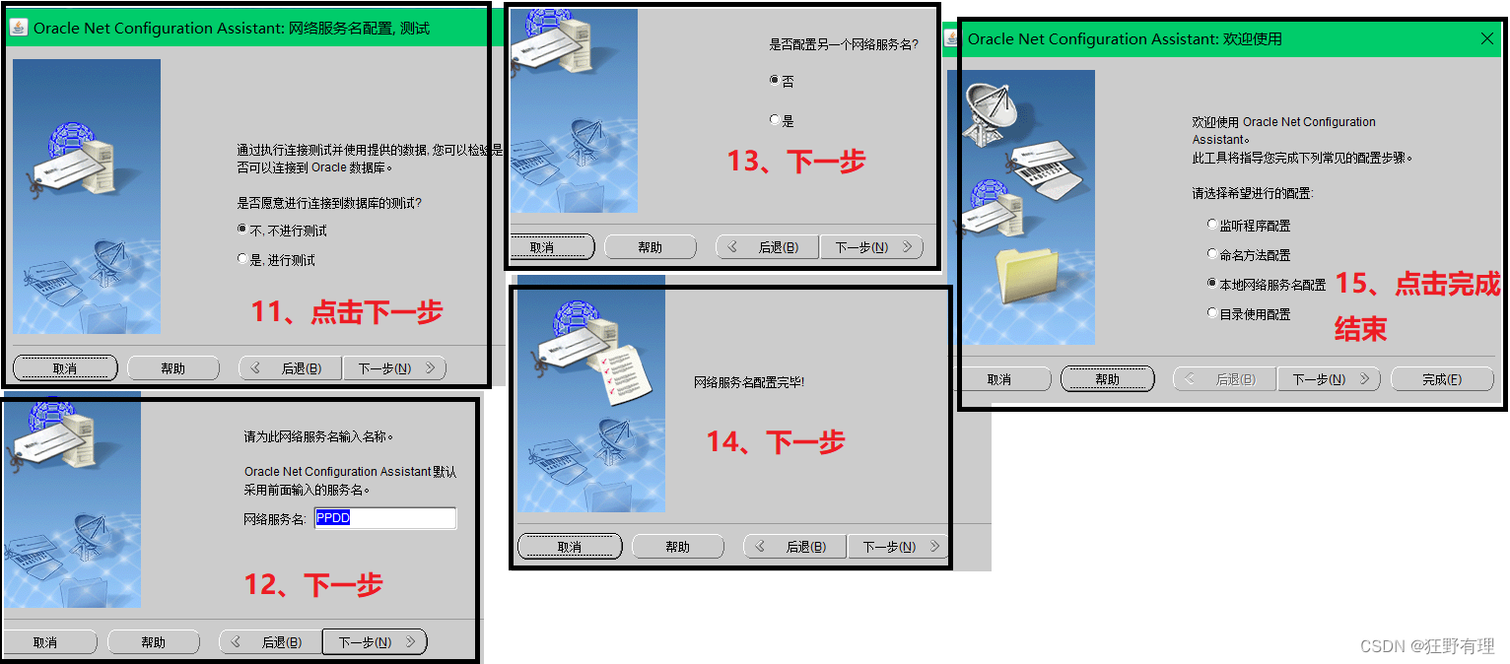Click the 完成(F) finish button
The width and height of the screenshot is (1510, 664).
coord(1442,379)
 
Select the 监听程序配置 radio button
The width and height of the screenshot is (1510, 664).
coord(1212,224)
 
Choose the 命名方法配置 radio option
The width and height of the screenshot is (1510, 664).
coord(1212,253)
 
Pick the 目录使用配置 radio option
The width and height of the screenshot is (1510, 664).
coord(1212,312)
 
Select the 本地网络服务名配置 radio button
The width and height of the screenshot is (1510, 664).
coord(1212,283)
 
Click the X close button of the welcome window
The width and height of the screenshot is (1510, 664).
coord(1487,38)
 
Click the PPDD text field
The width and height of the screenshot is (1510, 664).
coord(385,518)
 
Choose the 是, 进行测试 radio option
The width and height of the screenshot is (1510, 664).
coord(242,258)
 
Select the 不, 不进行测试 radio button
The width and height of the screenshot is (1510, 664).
coord(242,230)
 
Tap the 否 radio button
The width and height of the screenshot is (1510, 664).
coord(775,80)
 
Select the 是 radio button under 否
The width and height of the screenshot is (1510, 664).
coord(775,119)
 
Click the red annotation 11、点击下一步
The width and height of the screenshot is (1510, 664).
coord(347,312)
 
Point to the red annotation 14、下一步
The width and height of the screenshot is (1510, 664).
coord(776,442)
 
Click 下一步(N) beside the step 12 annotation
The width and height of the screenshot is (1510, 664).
coord(375,641)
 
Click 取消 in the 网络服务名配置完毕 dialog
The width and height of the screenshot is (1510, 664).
coord(570,547)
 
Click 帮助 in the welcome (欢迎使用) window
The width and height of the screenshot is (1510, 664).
coord(1108,379)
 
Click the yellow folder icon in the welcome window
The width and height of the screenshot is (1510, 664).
coord(1027,275)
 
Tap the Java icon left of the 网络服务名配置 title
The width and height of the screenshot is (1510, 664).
coord(18,28)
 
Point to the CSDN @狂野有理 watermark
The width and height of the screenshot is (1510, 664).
coord(1427,646)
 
